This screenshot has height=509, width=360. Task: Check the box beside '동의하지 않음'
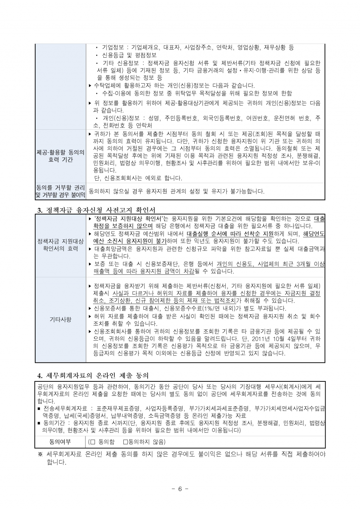point(126,442)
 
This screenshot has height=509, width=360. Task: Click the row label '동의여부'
point(60,442)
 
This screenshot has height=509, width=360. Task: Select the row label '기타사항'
point(60,320)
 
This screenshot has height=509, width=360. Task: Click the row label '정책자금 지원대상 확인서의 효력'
point(60,245)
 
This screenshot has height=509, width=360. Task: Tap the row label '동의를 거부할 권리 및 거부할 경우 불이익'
point(60,191)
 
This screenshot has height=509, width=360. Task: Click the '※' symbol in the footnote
point(40,455)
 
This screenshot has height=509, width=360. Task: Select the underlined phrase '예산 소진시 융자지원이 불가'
point(130,241)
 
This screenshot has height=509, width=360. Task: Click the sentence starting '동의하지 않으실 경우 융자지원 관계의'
point(176,192)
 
